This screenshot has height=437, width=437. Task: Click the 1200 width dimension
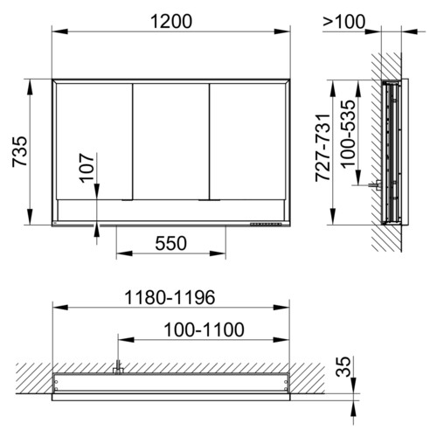pyautogui.click(x=171, y=22)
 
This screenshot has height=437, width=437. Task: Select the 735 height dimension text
pyautogui.click(x=20, y=152)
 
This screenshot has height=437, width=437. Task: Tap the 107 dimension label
pyautogui.click(x=87, y=168)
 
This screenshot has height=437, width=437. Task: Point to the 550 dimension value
pyautogui.click(x=170, y=243)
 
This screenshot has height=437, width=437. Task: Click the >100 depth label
pyautogui.click(x=343, y=22)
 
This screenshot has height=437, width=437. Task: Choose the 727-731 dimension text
pyautogui.click(x=323, y=148)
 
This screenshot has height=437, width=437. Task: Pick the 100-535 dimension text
pyautogui.click(x=348, y=134)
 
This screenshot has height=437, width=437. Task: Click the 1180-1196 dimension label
pyautogui.click(x=170, y=297)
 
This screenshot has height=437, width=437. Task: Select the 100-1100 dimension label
pyautogui.click(x=204, y=329)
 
